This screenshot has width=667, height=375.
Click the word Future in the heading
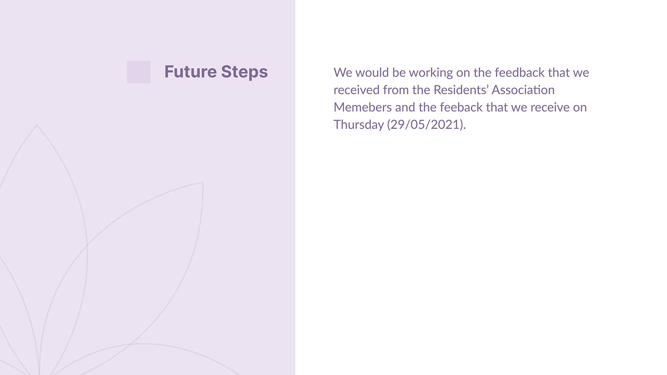point(190,72)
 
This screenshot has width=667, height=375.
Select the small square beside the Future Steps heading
point(138,72)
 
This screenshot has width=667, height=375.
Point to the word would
point(372,72)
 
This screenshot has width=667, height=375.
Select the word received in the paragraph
point(357,90)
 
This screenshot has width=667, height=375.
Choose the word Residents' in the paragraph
point(461,90)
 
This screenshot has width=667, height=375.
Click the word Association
point(523,90)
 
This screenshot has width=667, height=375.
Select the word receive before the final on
point(550,107)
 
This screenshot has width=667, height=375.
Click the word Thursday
point(359,125)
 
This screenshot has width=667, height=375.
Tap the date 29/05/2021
point(426,124)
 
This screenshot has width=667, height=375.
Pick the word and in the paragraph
point(405,107)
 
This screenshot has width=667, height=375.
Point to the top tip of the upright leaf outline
point(36,125)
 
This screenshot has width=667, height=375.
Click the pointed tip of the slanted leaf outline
point(203,182)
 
